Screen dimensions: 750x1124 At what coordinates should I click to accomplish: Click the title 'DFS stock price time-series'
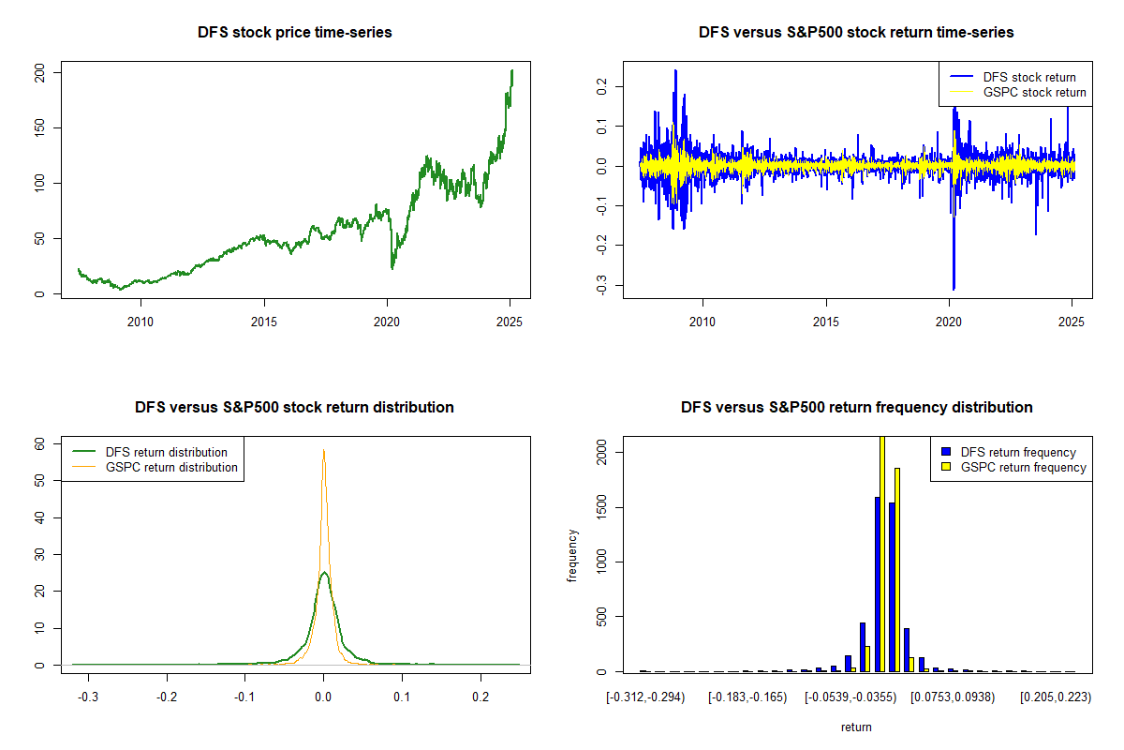(295, 32)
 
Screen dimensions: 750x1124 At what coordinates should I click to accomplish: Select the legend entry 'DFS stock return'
(1028, 77)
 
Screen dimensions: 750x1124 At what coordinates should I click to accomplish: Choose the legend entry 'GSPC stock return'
(1034, 92)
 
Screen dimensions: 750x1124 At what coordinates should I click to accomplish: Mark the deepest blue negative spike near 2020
(954, 288)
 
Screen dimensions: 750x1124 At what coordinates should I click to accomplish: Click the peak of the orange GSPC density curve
(324, 451)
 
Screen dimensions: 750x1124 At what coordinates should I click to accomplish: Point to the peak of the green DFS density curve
(324, 573)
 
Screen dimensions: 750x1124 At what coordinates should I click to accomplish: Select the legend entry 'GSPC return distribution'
(171, 467)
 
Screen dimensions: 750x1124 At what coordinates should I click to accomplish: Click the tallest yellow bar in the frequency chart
(882, 553)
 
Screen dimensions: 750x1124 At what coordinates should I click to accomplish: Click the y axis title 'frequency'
(572, 556)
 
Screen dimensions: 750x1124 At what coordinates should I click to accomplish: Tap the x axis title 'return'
(856, 727)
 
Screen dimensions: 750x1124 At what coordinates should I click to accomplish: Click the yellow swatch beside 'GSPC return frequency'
(945, 467)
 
